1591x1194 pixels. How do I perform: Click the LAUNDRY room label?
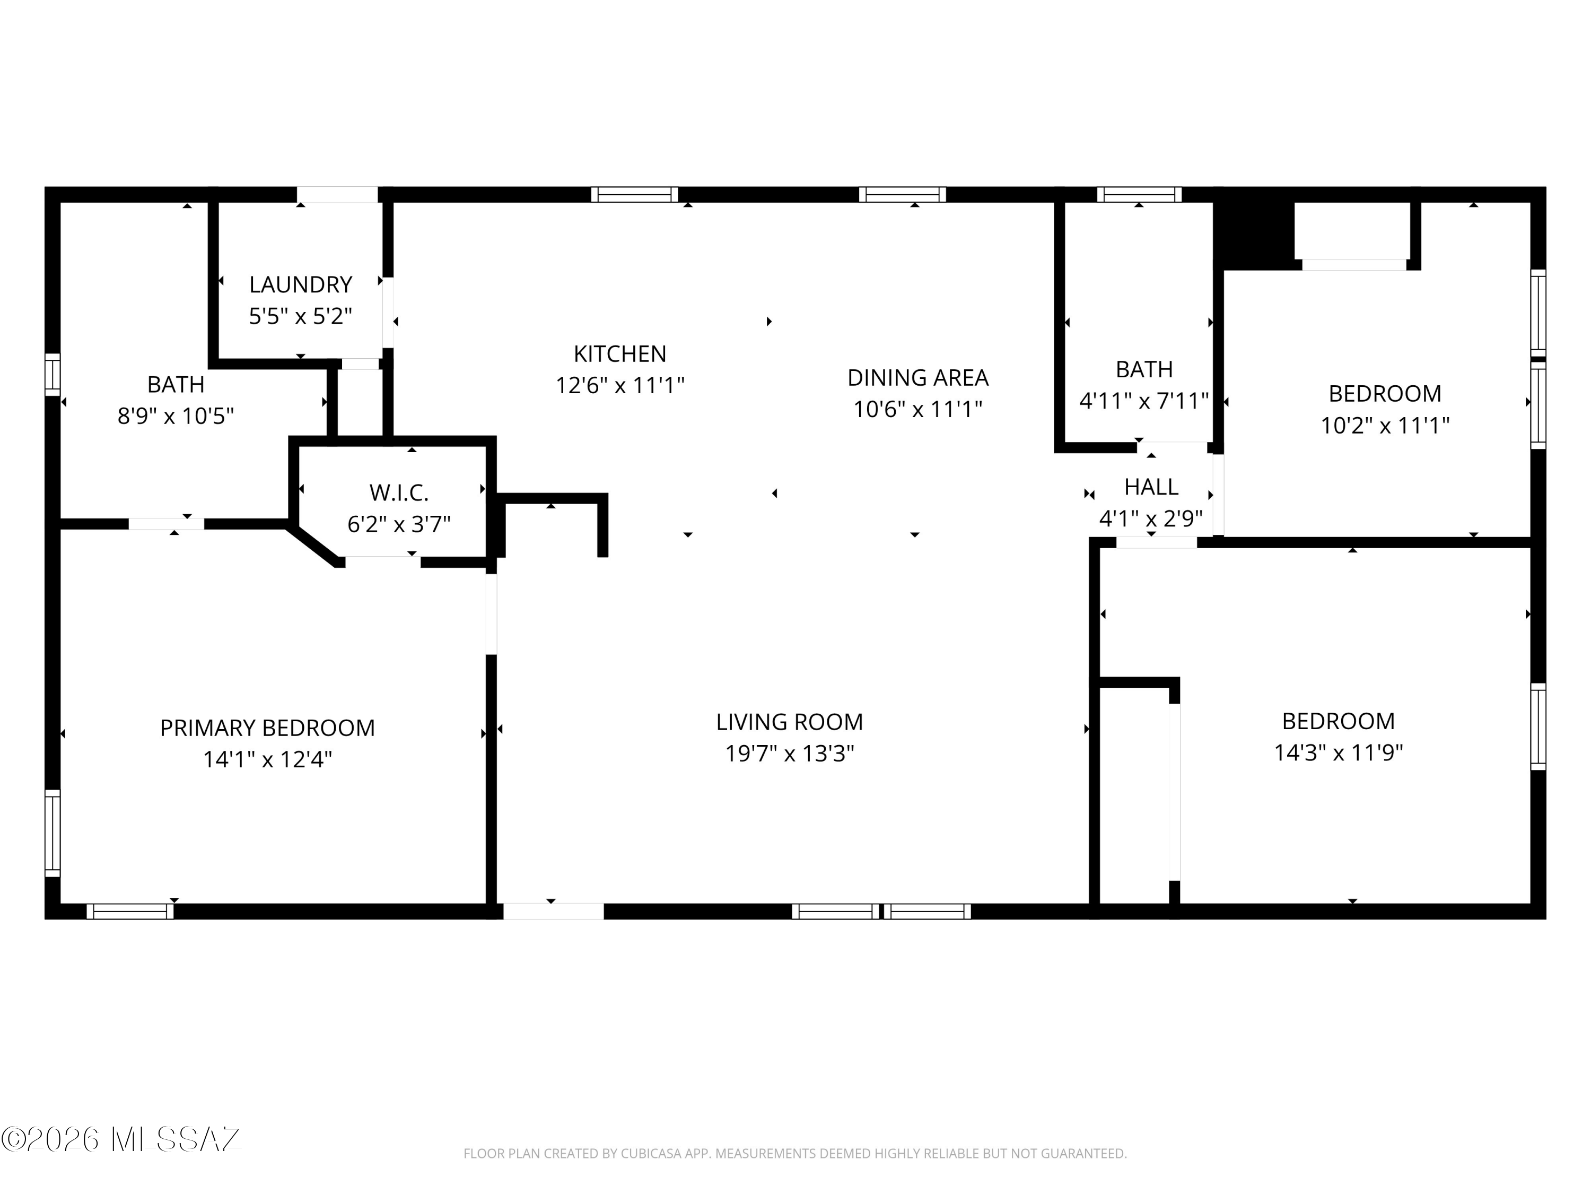[x=301, y=284]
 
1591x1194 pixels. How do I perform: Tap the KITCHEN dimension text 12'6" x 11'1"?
[x=620, y=386]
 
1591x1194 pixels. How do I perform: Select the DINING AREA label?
[x=918, y=377]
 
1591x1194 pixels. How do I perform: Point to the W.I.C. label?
[x=399, y=493]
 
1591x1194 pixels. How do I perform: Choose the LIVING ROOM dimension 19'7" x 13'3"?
[x=790, y=754]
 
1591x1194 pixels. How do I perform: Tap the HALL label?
[x=1151, y=487]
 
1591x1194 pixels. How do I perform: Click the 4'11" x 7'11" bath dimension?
[x=1143, y=401]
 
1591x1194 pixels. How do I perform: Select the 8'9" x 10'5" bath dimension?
[x=176, y=416]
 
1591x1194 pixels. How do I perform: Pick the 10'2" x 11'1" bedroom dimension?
[x=1385, y=426]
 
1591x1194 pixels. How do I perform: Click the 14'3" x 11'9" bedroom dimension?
[x=1339, y=753]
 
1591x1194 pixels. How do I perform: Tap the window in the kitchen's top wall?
[x=634, y=194]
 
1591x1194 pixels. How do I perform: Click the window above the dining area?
[x=902, y=194]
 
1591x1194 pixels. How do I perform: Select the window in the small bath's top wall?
[x=1139, y=194]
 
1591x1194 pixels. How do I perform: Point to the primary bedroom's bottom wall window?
[x=130, y=911]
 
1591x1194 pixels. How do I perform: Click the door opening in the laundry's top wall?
[x=337, y=194]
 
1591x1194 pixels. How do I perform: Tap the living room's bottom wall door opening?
[x=553, y=911]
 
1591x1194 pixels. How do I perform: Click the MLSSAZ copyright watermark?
[x=121, y=1139]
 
